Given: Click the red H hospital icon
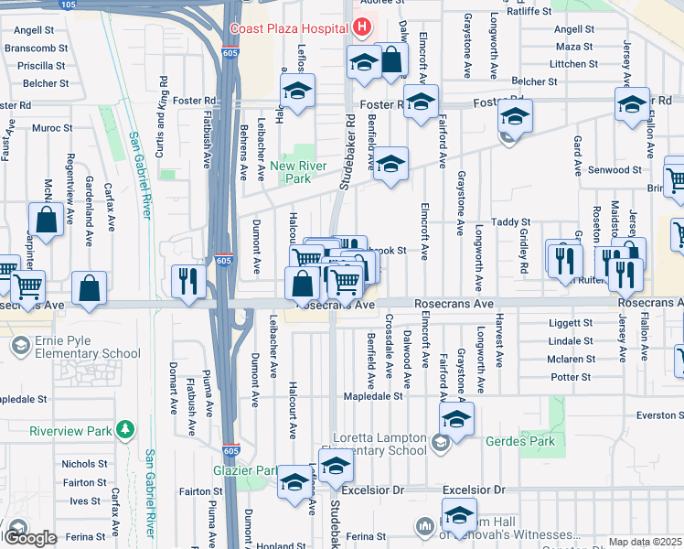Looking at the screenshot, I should (362, 28).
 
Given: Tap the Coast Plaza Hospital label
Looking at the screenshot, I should (291, 28).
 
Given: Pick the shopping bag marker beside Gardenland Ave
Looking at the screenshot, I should (46, 221).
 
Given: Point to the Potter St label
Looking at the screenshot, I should (572, 377).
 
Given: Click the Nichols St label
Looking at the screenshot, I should (84, 464).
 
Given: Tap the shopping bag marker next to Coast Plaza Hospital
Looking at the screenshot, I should (391, 61).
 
